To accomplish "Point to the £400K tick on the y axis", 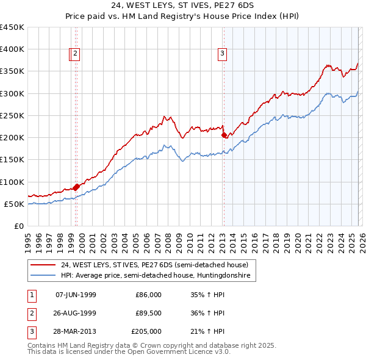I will (x=12, y=49).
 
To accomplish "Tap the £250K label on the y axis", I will (x=12, y=115).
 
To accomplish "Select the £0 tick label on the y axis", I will (x=19, y=226).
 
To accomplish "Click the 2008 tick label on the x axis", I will (x=168, y=239).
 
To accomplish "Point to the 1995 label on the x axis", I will (x=28, y=239).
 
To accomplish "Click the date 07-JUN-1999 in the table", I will (x=76, y=295).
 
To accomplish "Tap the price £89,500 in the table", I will (x=148, y=313).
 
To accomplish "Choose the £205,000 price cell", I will (x=146, y=331).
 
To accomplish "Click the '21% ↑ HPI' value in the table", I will (x=209, y=331).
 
